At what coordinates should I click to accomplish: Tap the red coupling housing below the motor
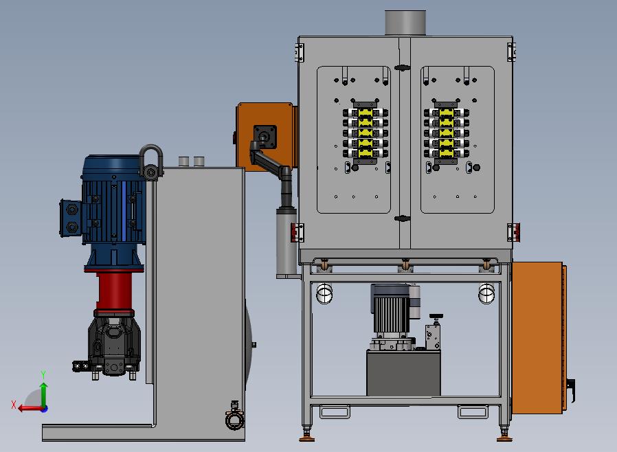coord(114,291)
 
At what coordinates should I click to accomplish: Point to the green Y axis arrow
coord(44,394)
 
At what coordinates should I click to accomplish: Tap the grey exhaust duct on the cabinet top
coord(405,23)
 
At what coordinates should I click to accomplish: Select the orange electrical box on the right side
coord(538,338)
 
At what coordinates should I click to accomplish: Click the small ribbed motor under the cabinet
coord(392,310)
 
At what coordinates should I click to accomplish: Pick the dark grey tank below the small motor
coord(403,373)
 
